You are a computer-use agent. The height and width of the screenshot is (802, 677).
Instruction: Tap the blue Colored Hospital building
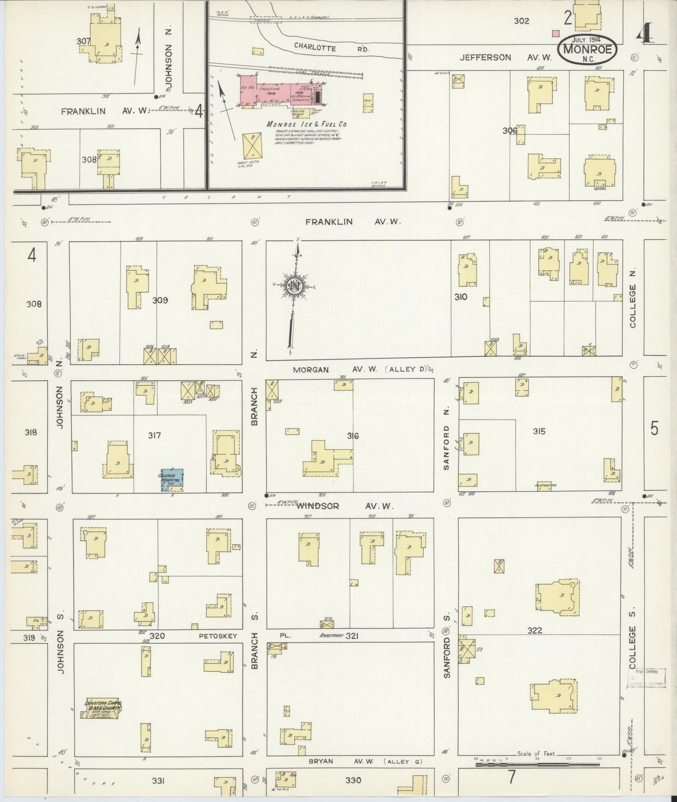point(172,480)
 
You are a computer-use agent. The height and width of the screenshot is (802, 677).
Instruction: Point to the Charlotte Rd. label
point(332,47)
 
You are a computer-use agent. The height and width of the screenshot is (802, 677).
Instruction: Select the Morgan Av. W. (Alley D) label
point(360,369)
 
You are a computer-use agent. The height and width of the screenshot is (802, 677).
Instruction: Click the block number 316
point(353,436)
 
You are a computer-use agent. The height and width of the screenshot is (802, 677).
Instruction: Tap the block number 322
point(535,630)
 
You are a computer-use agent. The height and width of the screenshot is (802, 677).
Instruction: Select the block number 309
point(160,300)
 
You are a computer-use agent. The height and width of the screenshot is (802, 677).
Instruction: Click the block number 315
point(539,431)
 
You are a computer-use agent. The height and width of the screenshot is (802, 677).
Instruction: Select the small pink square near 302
point(556,34)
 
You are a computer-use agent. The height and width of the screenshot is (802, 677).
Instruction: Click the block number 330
point(353,780)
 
